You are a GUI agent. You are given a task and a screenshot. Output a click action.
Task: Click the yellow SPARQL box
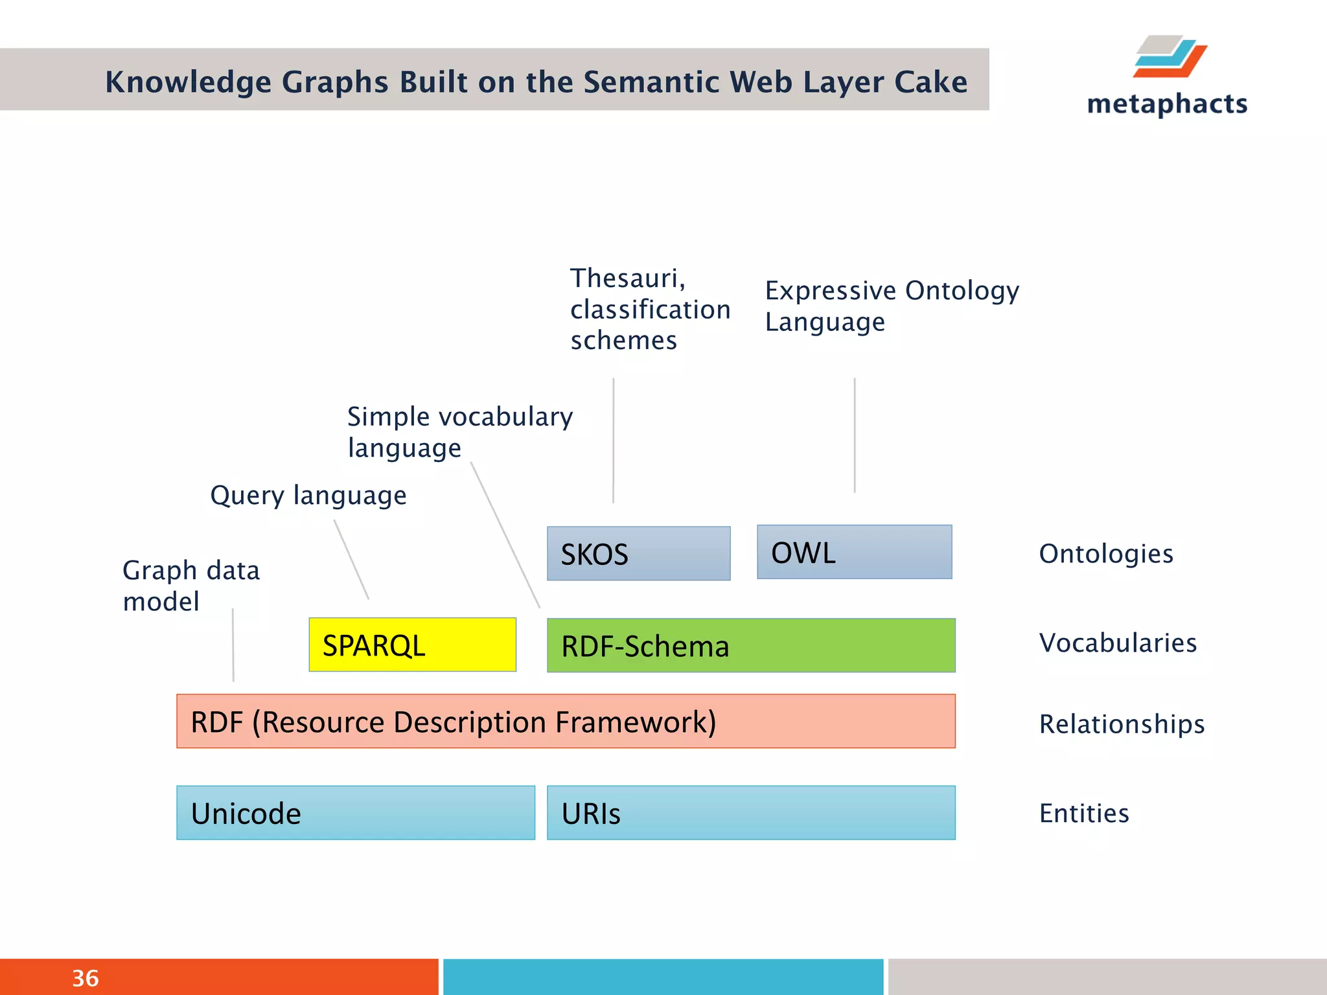[412, 645]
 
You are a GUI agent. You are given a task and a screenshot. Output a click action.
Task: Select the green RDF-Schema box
[750, 645]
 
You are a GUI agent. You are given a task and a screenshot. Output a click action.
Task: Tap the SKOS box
[638, 553]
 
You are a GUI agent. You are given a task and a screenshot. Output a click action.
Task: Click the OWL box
[854, 552]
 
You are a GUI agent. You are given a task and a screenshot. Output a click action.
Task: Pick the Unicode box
[355, 812]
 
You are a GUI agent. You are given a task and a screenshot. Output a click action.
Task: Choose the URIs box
[750, 812]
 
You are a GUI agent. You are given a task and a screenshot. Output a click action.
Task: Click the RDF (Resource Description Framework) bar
[565, 721]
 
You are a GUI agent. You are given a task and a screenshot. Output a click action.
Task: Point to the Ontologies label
[1105, 554]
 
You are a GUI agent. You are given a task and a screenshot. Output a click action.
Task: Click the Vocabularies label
[1117, 643]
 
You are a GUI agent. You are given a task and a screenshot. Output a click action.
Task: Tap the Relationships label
[1121, 724]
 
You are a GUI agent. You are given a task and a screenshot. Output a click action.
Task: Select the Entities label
[1083, 813]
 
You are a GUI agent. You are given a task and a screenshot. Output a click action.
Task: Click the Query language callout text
[308, 496]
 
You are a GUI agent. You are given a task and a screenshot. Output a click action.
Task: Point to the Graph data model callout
[190, 586]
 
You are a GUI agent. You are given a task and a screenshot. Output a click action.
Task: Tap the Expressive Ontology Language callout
[891, 306]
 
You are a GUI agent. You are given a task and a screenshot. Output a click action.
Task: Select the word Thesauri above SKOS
[627, 279]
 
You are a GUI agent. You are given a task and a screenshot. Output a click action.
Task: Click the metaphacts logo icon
[1170, 57]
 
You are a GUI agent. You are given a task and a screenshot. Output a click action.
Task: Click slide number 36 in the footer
[85, 978]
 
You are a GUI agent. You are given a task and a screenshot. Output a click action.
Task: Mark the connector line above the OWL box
[854, 435]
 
